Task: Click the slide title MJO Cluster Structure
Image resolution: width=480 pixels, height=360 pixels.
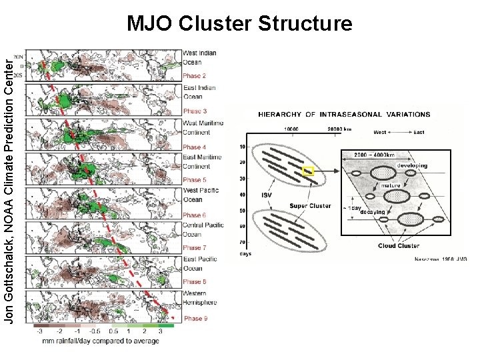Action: coord(239,25)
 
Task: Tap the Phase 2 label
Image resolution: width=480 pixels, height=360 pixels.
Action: coord(194,76)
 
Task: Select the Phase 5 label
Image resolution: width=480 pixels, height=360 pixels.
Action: coord(194,180)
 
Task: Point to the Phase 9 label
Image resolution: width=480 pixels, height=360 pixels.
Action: coord(195,319)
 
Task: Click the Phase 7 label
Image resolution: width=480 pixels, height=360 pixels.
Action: coord(195,248)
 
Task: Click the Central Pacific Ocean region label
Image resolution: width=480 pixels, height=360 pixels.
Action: coord(203,229)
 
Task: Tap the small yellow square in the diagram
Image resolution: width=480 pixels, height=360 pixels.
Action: coord(308,171)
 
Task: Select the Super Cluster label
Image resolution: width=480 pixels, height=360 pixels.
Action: coord(310,206)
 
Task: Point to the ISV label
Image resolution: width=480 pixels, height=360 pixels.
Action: coord(266,195)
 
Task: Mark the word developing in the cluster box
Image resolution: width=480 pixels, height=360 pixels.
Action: coord(412,165)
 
